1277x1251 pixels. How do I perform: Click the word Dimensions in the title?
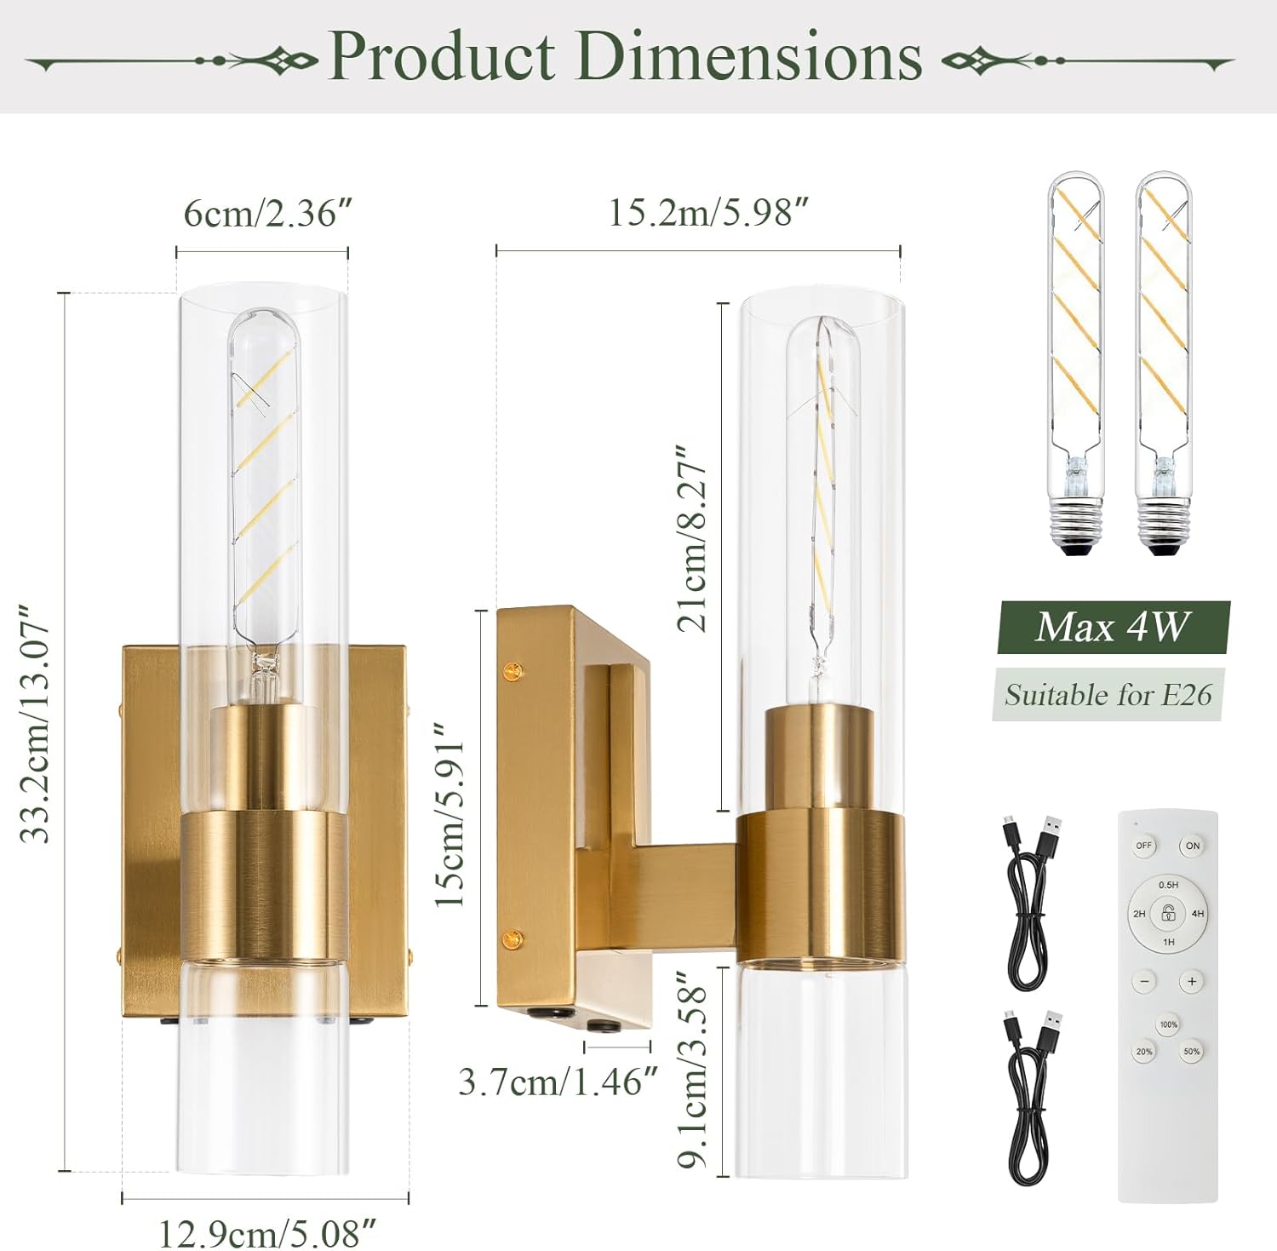pyautogui.click(x=749, y=56)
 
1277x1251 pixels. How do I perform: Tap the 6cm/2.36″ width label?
pyautogui.click(x=267, y=213)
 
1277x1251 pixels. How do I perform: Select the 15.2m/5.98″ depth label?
pyautogui.click(x=707, y=213)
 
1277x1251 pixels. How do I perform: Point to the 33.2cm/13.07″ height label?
pyautogui.click(x=36, y=724)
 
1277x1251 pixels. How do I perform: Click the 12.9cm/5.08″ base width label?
pyautogui.click(x=267, y=1231)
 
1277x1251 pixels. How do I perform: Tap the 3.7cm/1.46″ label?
pyautogui.click(x=558, y=1082)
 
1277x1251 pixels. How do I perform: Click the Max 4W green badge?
pyautogui.click(x=1112, y=628)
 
